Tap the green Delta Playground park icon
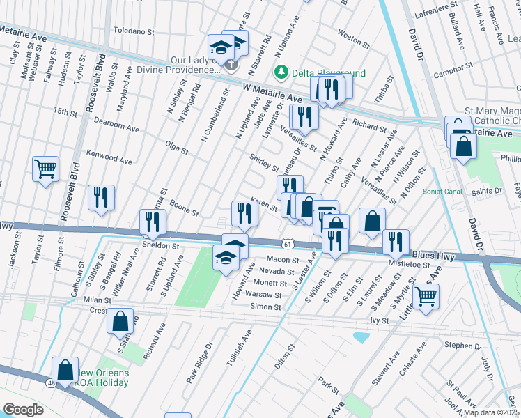coord(281,72)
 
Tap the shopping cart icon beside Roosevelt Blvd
coord(45,168)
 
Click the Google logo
coord(23,409)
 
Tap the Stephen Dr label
coord(459,345)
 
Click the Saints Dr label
coord(486,191)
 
